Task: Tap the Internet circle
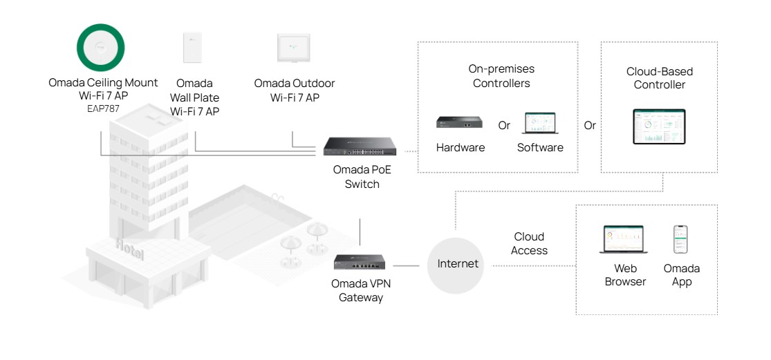pos(457,264)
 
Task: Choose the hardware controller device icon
pos(460,123)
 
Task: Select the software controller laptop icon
pos(540,124)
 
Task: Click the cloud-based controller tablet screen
pos(659,126)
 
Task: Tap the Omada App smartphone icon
pos(681,239)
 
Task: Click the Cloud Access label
pos(529,244)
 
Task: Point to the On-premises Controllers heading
pos(501,76)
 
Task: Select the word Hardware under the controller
pos(461,147)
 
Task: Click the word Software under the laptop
pos(540,147)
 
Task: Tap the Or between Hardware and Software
pos(504,126)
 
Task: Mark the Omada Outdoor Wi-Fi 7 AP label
pos(294,90)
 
